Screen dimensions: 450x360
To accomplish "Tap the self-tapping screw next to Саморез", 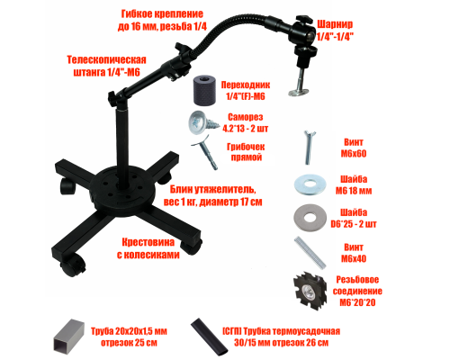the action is coord(201,122).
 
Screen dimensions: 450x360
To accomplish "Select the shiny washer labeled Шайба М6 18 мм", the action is coord(310,184).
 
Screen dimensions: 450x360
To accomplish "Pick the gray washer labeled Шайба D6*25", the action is coord(310,218).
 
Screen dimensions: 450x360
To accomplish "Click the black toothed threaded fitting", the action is coord(310,291).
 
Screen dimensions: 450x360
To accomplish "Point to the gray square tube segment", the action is coord(67,337).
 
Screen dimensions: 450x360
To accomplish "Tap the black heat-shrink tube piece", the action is coord(210,337).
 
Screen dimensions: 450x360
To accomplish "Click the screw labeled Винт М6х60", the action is coord(309,148).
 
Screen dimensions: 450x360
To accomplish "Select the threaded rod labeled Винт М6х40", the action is coord(310,253).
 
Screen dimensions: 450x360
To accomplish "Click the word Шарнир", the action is coord(335,24).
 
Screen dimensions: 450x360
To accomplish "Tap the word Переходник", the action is coord(246,85).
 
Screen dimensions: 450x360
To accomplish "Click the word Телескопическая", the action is coord(106,59).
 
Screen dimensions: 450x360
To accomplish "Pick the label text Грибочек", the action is coord(246,147).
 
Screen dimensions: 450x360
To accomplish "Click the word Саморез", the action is coord(245,117).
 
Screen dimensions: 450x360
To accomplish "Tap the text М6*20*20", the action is coord(357,302).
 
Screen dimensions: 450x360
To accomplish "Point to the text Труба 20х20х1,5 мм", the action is coord(129,331).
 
